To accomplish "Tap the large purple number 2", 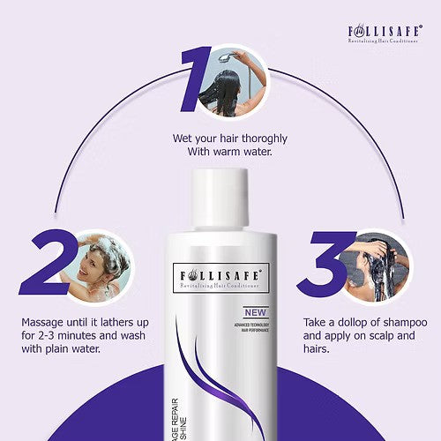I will click(46, 264).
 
